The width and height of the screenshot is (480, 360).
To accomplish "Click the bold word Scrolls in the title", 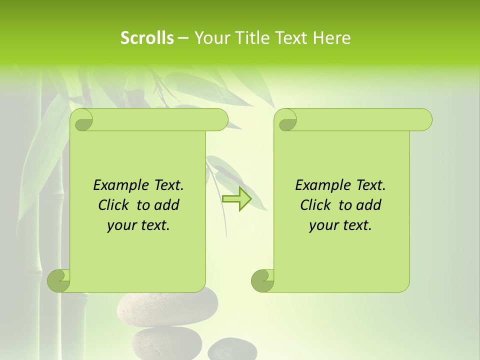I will coord(147,38).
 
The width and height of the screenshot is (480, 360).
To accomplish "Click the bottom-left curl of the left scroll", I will coord(59,280).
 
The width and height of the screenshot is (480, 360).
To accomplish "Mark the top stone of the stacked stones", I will coord(167,306).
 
